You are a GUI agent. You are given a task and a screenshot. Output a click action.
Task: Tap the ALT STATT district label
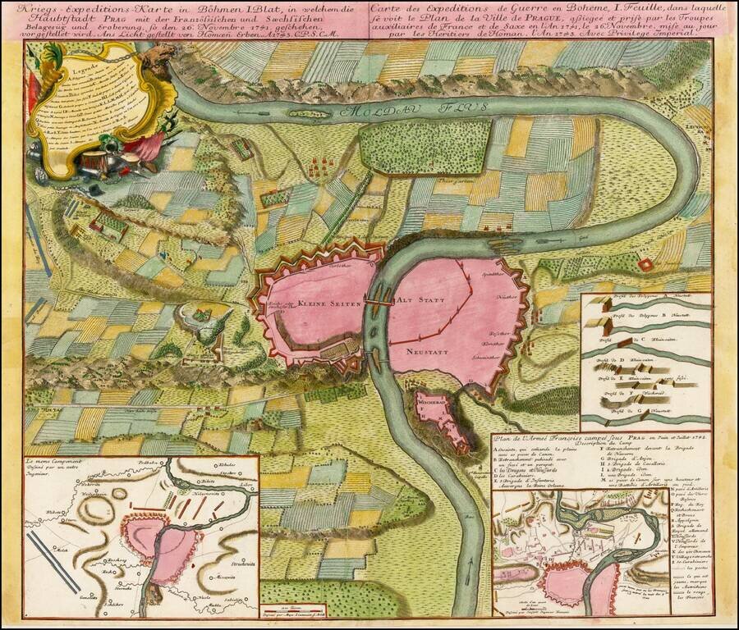point(415,299)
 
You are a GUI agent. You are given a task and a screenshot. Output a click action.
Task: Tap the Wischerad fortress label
point(431,404)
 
